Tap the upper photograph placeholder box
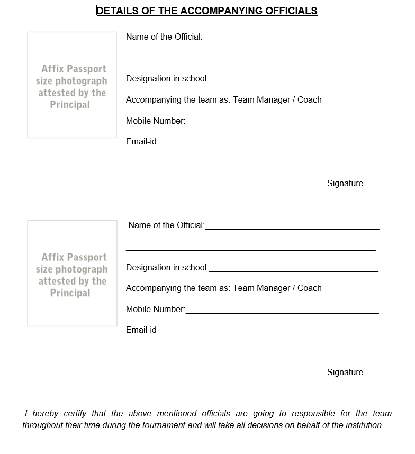point(72,85)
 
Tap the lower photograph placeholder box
point(72,273)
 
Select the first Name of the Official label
point(164,37)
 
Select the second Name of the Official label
point(166,225)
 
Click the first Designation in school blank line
point(293,82)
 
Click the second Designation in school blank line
point(293,270)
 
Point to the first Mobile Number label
point(156,121)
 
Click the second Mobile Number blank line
point(282,313)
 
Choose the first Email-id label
point(141,142)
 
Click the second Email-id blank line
point(262,333)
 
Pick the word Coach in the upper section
point(310,100)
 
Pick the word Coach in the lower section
point(310,288)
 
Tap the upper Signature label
point(345,184)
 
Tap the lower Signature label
point(345,373)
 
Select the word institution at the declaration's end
point(363,425)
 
